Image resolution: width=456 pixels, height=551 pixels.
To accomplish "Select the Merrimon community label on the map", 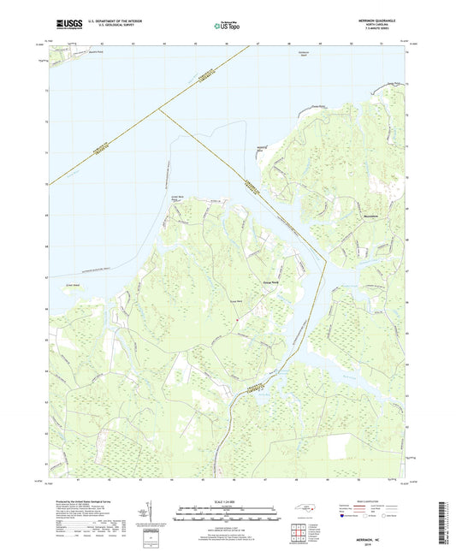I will point(346,217).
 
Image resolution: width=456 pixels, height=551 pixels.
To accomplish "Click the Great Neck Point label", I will point(179,198).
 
